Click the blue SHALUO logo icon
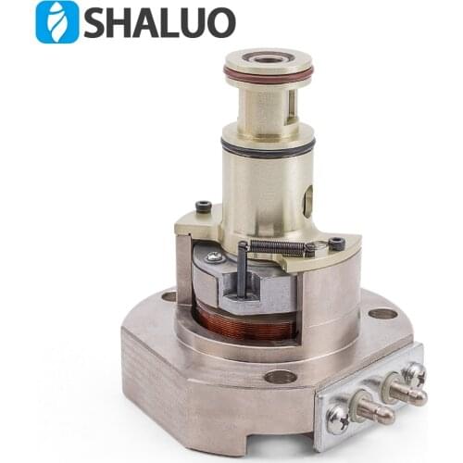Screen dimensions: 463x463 [56, 22]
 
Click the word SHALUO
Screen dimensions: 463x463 [158, 23]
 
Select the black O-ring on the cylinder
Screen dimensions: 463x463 [269, 146]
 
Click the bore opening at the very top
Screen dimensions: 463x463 [269, 58]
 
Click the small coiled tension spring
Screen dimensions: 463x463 [277, 246]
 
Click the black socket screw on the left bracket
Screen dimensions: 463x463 [203, 206]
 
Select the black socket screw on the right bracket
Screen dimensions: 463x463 [337, 244]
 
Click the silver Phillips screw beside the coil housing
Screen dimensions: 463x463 [214, 257]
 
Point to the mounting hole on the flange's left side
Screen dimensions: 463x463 [169, 296]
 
